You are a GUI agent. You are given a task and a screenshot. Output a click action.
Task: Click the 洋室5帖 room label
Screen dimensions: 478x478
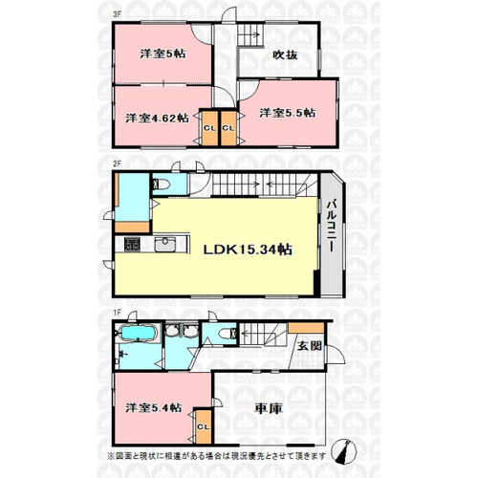pyautogui.click(x=163, y=54)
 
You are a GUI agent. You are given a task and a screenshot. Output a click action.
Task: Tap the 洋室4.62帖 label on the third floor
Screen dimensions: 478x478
pyautogui.click(x=157, y=119)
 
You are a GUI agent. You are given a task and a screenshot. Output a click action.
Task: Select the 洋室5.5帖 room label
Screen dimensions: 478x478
pyautogui.click(x=288, y=113)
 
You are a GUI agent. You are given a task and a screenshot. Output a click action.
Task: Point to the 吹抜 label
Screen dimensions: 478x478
pyautogui.click(x=285, y=54)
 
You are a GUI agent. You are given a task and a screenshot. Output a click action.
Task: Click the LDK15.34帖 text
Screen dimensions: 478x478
pyautogui.click(x=248, y=250)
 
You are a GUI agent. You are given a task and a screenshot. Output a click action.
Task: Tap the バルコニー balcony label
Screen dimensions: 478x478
pyautogui.click(x=332, y=226)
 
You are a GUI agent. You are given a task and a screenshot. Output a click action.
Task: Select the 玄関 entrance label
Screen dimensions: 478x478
pyautogui.click(x=309, y=346)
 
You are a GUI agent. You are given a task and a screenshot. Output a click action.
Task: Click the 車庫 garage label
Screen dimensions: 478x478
pyautogui.click(x=269, y=409)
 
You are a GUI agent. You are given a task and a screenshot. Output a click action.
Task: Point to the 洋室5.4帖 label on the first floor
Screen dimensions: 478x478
pyautogui.click(x=154, y=407)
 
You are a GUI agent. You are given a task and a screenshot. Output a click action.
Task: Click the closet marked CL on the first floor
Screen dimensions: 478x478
pyautogui.click(x=204, y=426)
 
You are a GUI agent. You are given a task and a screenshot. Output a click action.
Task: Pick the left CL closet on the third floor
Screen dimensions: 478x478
pyautogui.click(x=210, y=128)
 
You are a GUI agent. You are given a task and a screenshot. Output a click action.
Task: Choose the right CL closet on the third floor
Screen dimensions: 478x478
pyautogui.click(x=228, y=128)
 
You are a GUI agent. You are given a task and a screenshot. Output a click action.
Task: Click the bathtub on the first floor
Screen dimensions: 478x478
pyautogui.click(x=138, y=333)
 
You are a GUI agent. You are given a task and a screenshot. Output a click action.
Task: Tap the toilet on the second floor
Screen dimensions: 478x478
pyautogui.click(x=161, y=185)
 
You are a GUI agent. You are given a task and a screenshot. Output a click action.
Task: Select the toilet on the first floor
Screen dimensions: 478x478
pyautogui.click(x=228, y=334)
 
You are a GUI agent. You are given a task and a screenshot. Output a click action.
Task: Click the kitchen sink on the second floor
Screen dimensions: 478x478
pyautogui.click(x=165, y=245)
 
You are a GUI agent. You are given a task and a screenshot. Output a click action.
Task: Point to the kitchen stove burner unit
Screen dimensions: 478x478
pyautogui.click(x=132, y=245)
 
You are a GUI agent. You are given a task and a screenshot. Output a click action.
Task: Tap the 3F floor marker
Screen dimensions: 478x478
pyautogui.click(x=118, y=14)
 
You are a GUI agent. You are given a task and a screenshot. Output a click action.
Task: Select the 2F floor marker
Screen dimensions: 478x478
pyautogui.click(x=118, y=163)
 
